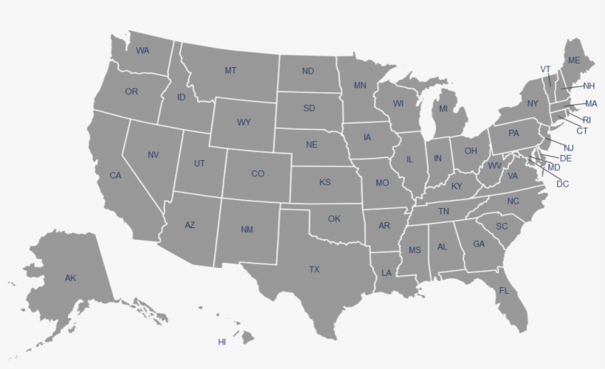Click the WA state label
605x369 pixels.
tap(142, 50)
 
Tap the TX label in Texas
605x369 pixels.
tap(314, 269)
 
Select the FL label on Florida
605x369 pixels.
tap(504, 291)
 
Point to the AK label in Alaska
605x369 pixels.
tap(70, 278)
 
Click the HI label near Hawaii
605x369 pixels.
tap(222, 342)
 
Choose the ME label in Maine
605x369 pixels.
tap(574, 60)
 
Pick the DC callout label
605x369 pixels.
tap(563, 184)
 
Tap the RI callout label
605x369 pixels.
tap(587, 120)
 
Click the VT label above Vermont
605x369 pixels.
tap(546, 69)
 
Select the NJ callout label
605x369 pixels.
tap(569, 148)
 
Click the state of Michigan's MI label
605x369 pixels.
tap(443, 108)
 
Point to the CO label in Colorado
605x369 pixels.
tap(257, 174)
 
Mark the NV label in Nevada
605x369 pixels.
tap(153, 155)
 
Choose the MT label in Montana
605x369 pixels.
tap(230, 71)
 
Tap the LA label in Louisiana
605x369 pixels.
tap(387, 273)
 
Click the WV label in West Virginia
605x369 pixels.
tap(494, 165)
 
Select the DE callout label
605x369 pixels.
tap(566, 158)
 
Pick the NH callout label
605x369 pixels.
tap(589, 86)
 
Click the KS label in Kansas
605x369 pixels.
tap(325, 182)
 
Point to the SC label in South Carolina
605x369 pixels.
tap(502, 226)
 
